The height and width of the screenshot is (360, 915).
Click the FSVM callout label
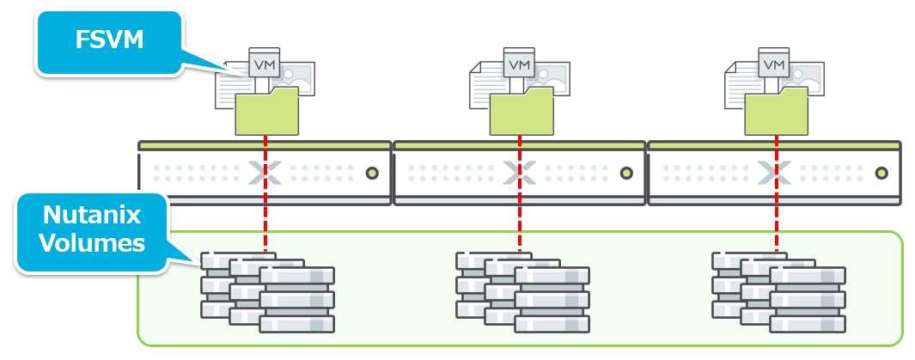coord(108,40)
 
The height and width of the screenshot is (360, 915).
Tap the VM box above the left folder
coord(261,64)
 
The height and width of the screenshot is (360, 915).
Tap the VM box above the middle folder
coord(518,64)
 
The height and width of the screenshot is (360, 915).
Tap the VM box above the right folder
coord(774,64)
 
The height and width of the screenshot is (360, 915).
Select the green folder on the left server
coord(266,112)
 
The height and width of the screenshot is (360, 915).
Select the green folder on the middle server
coord(522,112)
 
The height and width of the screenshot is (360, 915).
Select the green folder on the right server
coord(776,112)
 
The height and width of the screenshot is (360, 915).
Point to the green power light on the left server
coord(372,174)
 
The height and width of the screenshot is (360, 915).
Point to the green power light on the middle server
coord(626,174)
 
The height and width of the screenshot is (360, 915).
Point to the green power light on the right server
coord(881,174)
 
